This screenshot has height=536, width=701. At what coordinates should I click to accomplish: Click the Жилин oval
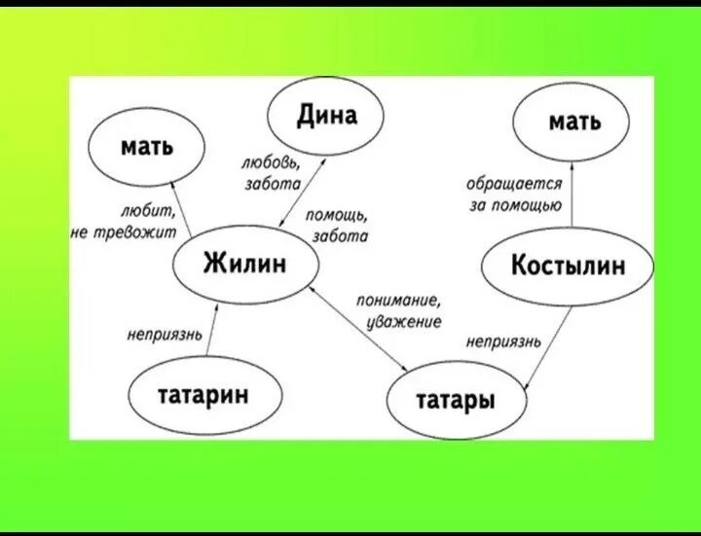244,263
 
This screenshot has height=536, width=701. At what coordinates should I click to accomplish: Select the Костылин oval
568,266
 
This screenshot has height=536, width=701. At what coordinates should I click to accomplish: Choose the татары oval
456,401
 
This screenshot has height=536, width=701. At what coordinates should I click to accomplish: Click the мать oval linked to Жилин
147,147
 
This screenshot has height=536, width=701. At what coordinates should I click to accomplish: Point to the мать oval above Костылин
574,123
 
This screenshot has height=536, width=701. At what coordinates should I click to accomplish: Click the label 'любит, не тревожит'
124,223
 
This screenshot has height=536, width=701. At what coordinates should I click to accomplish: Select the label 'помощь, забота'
336,225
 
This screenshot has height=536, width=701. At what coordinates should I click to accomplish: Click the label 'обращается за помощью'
513,193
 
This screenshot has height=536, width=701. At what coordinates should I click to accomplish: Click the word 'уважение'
404,321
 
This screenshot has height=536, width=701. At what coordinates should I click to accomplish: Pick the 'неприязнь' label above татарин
165,336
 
